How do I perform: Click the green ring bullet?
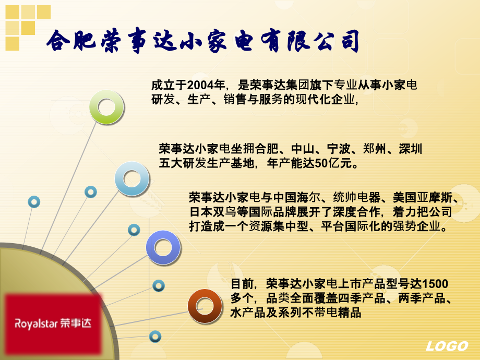click(x=107, y=107)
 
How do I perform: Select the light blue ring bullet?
click(x=132, y=179)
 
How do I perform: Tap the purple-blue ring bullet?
click(x=163, y=247)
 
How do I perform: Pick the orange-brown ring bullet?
click(x=205, y=306)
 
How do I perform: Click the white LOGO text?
click(x=447, y=346)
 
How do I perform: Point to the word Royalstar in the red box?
click(x=36, y=323)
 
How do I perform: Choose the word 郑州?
click(x=374, y=149)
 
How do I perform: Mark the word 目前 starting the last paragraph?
click(x=242, y=284)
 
